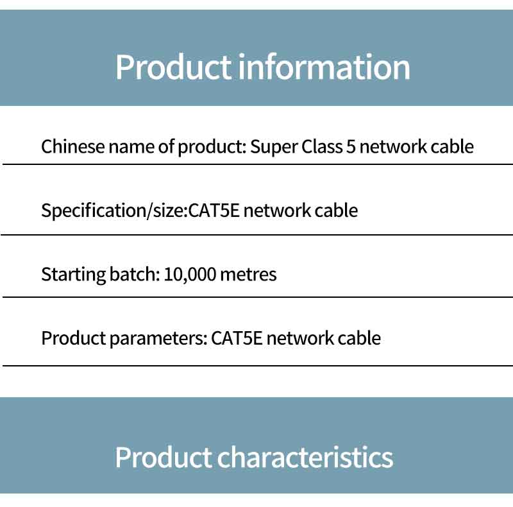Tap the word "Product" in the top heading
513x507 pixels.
[172, 67]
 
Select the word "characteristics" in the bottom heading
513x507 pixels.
[305, 457]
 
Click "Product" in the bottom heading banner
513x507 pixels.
[163, 457]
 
